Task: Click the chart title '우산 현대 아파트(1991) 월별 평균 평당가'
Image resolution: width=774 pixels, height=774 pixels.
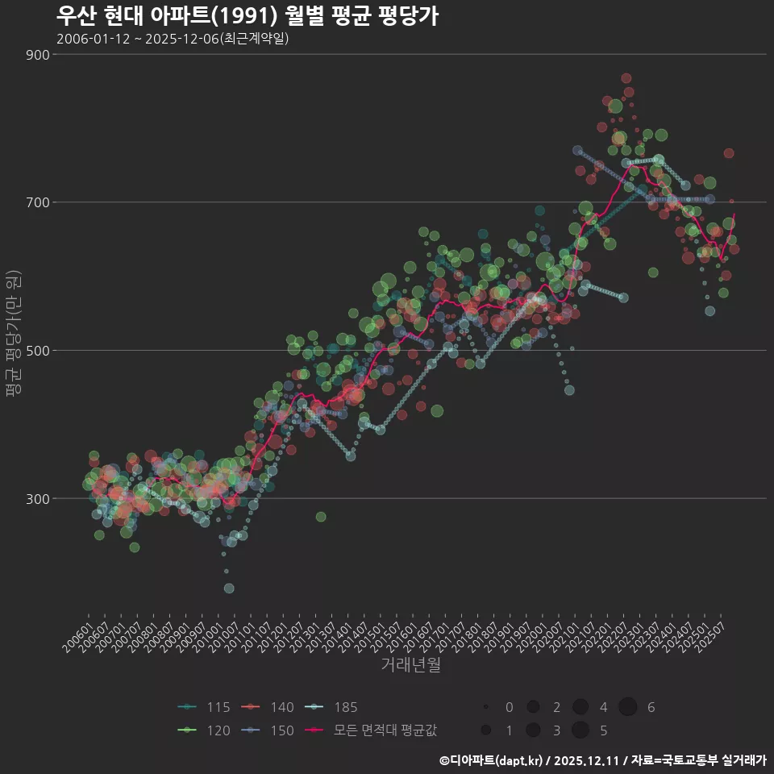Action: point(248,15)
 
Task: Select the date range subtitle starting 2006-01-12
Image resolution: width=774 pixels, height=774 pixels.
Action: point(173,39)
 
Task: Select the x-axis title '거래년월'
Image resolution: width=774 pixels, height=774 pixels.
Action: point(410,665)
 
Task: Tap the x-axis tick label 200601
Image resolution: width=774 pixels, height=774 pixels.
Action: point(77,635)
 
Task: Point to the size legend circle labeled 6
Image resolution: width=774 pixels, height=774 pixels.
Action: point(629,707)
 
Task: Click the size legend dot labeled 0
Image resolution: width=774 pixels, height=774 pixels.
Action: point(486,707)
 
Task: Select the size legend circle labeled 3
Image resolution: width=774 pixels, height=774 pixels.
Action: point(533,730)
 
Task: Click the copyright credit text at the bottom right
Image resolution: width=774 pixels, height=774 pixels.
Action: point(602,760)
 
